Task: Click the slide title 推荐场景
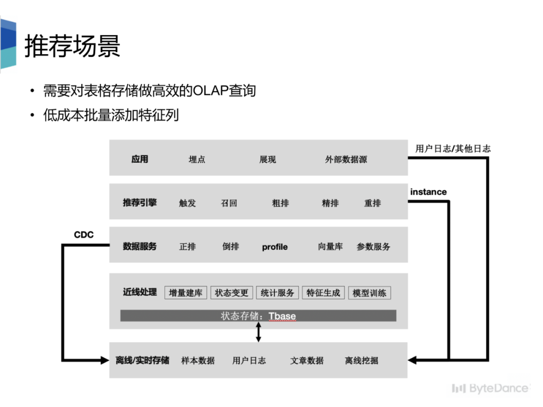pyautogui.click(x=73, y=46)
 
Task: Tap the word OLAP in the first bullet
pyautogui.click(x=210, y=91)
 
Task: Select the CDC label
pyautogui.click(x=83, y=235)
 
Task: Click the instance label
pyautogui.click(x=428, y=192)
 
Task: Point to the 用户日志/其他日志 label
pyautogui.click(x=453, y=149)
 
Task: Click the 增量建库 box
pyautogui.click(x=186, y=292)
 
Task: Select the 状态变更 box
pyautogui.click(x=232, y=292)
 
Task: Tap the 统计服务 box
pyautogui.click(x=278, y=292)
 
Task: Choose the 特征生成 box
pyautogui.click(x=323, y=292)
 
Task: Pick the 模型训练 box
pyautogui.click(x=370, y=293)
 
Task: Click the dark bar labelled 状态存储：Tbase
pyautogui.click(x=258, y=316)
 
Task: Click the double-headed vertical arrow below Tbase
pyautogui.click(x=258, y=332)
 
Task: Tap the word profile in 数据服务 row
pyautogui.click(x=275, y=247)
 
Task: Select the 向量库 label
pyautogui.click(x=330, y=247)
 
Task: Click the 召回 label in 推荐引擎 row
pyautogui.click(x=229, y=203)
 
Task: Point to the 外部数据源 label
pyautogui.click(x=346, y=160)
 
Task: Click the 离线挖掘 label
pyautogui.click(x=361, y=360)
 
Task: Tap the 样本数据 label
pyautogui.click(x=198, y=360)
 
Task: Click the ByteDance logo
pyautogui.click(x=490, y=388)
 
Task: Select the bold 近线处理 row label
pyautogui.click(x=140, y=292)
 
